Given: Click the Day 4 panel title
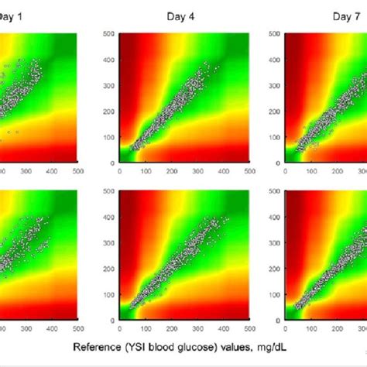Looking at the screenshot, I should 183,16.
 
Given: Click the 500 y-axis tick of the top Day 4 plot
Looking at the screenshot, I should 109,34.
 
